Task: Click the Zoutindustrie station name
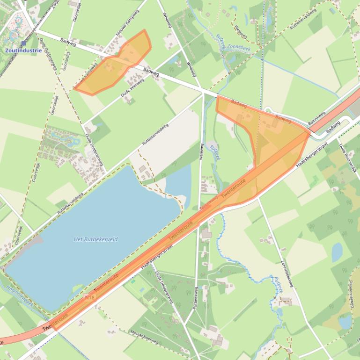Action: click(x=23, y=50)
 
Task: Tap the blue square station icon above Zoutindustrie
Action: click(x=23, y=43)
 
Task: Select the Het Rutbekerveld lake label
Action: click(x=96, y=239)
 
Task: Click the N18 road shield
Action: click(x=89, y=296)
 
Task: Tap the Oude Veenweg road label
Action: click(x=132, y=87)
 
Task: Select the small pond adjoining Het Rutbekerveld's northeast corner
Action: click(x=178, y=182)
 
